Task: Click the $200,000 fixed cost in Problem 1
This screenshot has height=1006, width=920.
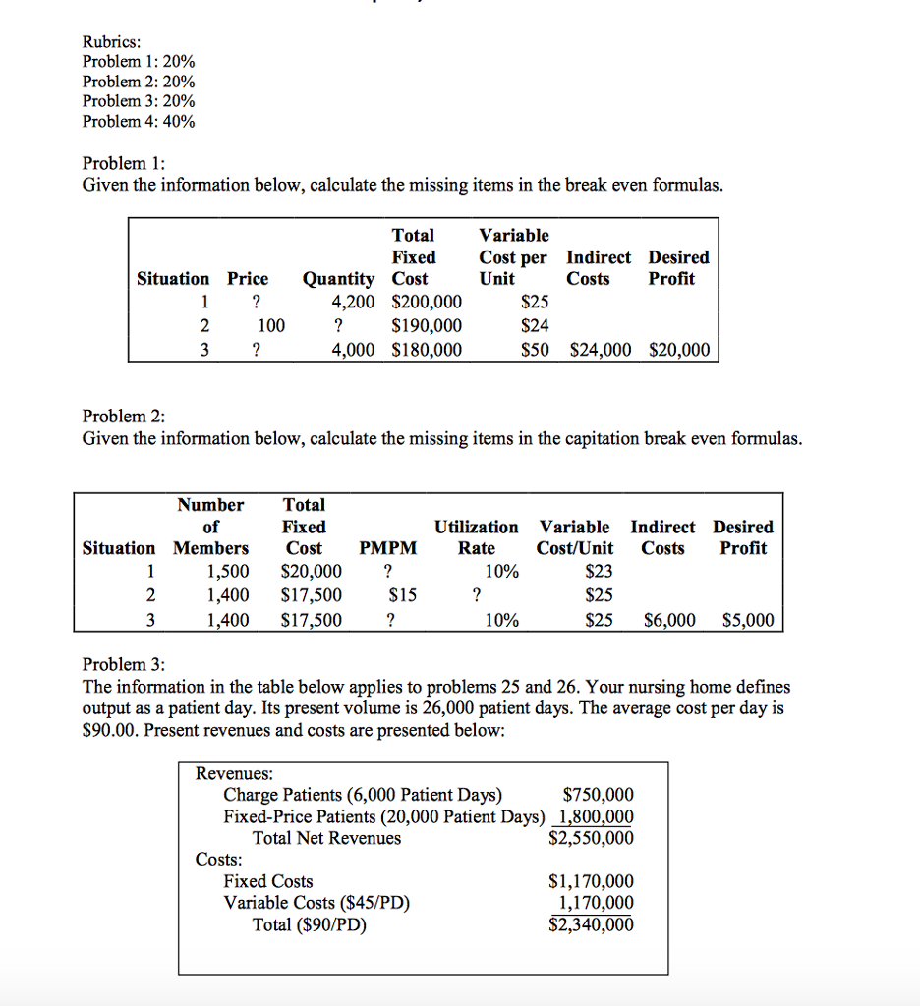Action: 427,303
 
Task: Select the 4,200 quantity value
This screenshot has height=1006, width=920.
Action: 354,303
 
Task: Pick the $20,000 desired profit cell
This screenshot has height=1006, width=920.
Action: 679,350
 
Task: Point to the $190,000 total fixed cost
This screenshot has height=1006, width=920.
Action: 427,326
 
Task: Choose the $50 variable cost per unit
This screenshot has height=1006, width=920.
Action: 536,350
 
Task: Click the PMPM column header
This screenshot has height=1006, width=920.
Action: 388,548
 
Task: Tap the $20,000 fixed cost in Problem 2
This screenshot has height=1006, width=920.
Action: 312,572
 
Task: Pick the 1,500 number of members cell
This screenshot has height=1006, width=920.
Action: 227,572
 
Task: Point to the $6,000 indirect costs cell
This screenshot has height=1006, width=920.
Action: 669,620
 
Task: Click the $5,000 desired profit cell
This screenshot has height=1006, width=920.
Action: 747,620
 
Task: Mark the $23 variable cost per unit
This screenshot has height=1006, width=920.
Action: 599,572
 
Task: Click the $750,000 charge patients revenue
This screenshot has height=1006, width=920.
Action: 598,795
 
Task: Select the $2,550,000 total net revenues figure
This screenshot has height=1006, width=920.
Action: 591,838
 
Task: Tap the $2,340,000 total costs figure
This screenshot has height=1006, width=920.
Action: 591,924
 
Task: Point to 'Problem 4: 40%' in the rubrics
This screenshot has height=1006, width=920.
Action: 139,122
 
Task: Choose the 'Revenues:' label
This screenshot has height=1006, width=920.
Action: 235,773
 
